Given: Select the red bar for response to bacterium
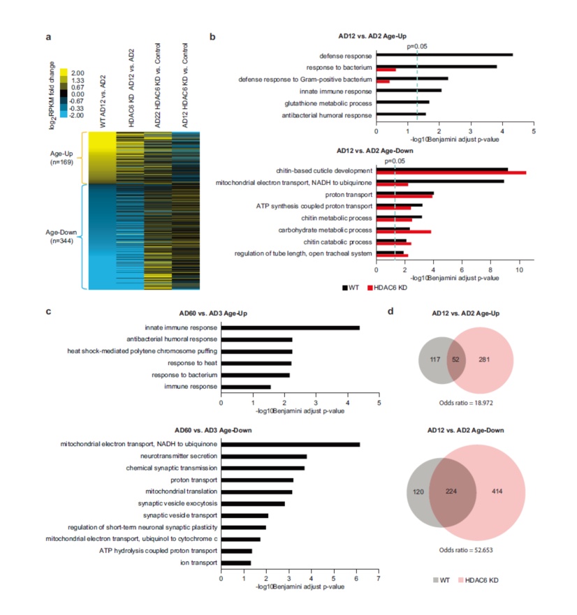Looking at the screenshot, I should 386,70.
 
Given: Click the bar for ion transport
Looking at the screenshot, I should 235,563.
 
